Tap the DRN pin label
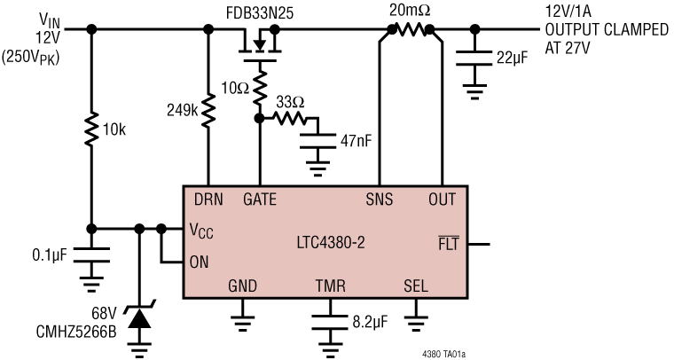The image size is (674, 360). [x=208, y=200]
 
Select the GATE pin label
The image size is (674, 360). [x=260, y=200]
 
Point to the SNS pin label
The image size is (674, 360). [x=379, y=200]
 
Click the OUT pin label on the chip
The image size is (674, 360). [x=441, y=200]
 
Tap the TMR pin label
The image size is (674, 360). [x=330, y=286]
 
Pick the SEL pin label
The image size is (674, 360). [x=416, y=286]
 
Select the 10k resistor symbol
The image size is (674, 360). [x=92, y=129]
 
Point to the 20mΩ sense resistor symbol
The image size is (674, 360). [x=408, y=29]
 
